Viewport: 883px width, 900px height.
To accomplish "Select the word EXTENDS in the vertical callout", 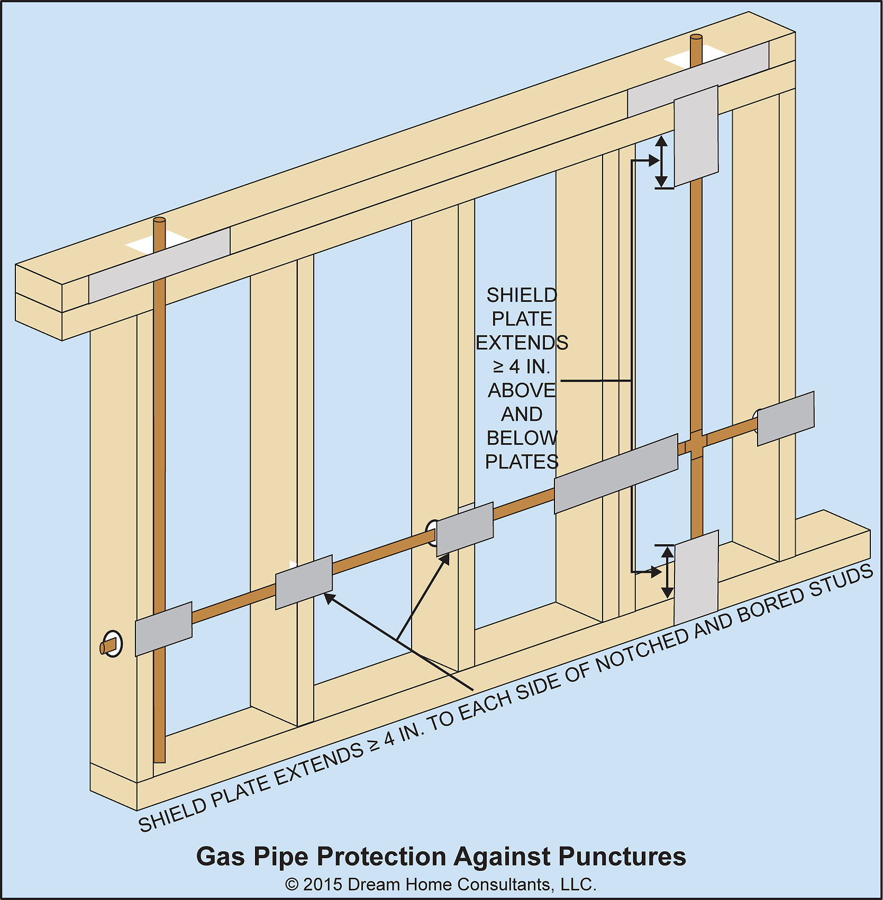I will [x=522, y=343].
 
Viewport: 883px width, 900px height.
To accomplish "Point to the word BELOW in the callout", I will [x=522, y=438].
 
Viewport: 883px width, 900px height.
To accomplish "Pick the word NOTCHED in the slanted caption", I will [x=642, y=649].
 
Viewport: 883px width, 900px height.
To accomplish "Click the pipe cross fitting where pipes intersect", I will [x=696, y=444].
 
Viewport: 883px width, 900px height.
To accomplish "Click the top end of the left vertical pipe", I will [x=159, y=221].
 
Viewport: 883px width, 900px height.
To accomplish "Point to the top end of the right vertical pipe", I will [x=696, y=38].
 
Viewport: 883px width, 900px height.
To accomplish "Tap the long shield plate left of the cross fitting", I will [x=616, y=474].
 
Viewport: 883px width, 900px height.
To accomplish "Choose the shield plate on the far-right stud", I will [x=786, y=419].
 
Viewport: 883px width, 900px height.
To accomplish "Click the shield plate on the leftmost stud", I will [x=163, y=629].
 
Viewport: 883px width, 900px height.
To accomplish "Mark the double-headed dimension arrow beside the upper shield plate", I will [x=661, y=162].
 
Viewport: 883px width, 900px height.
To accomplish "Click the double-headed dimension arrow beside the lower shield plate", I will [x=668, y=572].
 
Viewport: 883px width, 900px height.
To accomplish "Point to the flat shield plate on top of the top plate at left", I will [x=159, y=265].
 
